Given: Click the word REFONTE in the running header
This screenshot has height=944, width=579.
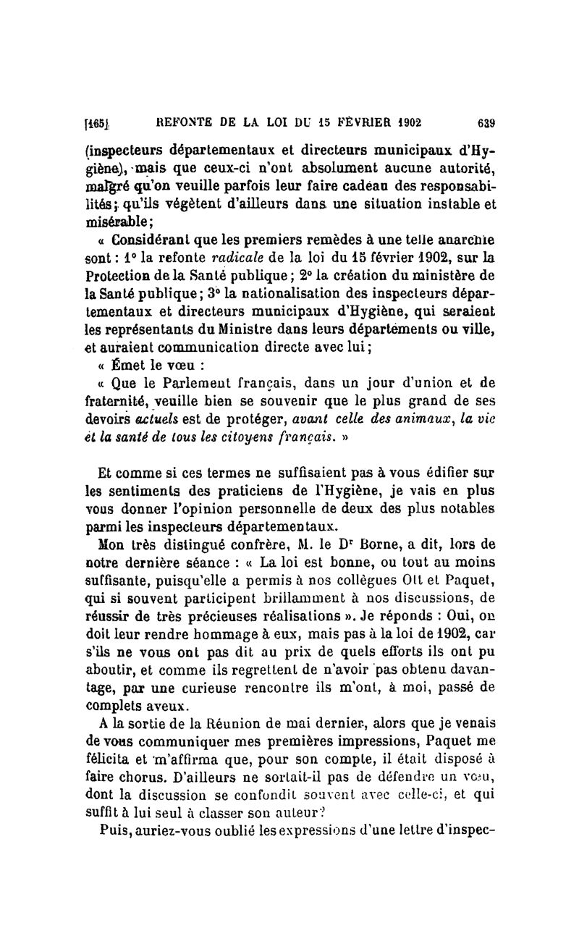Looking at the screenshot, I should point(182,122).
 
